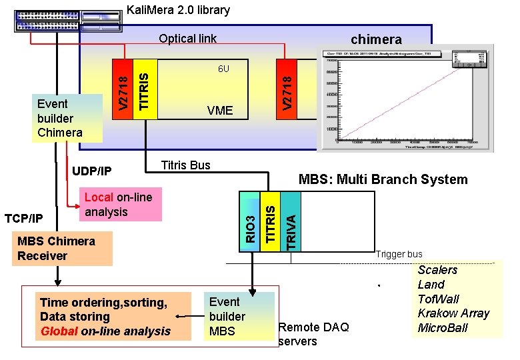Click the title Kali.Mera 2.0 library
pyautogui.click(x=178, y=10)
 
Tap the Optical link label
pyautogui.click(x=187, y=38)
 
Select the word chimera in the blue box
pyautogui.click(x=376, y=39)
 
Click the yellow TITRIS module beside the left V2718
pyautogui.click(x=146, y=89)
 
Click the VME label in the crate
pyautogui.click(x=220, y=110)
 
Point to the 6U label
pyautogui.click(x=224, y=69)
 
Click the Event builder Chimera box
pyautogui.click(x=60, y=118)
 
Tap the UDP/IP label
pyautogui.click(x=92, y=171)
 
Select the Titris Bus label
pyautogui.click(x=186, y=165)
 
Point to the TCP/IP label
pyautogui.click(x=24, y=218)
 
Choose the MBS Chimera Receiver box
pyautogui.click(x=56, y=248)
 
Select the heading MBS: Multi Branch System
pyautogui.click(x=383, y=179)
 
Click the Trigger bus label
pyautogui.click(x=399, y=254)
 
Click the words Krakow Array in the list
pyautogui.click(x=453, y=313)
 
